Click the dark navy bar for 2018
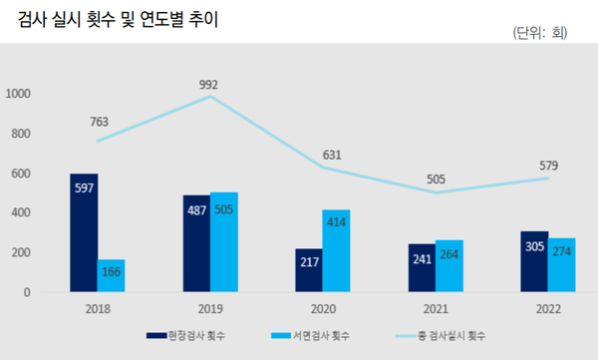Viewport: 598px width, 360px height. (x=84, y=232)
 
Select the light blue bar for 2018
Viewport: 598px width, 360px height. (x=111, y=275)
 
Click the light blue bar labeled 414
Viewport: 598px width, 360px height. (x=336, y=250)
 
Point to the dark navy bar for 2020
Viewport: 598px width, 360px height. (x=309, y=270)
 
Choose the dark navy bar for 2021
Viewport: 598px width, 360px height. (x=423, y=267)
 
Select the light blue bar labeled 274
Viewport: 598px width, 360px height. (x=562, y=264)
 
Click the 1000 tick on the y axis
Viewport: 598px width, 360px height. (x=19, y=94)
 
